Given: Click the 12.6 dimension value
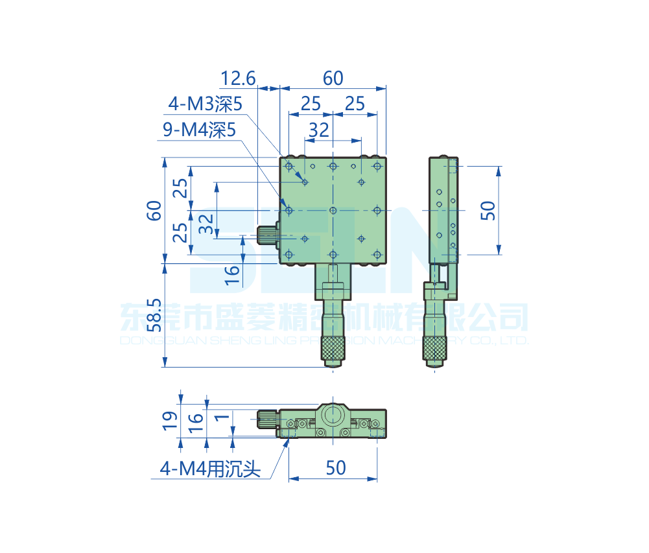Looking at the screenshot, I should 238,78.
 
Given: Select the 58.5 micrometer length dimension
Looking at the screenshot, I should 153,315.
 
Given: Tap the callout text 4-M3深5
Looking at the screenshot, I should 205,103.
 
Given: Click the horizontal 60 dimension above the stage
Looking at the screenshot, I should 333,78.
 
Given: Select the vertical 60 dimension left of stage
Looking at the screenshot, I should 154,211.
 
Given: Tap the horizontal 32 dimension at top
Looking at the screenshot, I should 318,130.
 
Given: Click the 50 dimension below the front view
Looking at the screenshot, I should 336,467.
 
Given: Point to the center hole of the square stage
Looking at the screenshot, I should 333,210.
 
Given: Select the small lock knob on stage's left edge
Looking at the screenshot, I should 266,235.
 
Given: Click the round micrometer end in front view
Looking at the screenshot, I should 333,414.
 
